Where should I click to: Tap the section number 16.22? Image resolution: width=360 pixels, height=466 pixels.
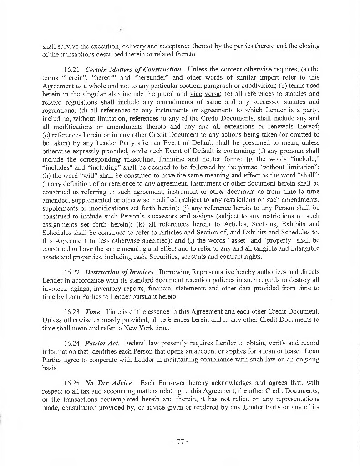(x=71, y=272)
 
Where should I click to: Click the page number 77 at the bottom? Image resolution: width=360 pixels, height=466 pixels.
(x=180, y=441)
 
